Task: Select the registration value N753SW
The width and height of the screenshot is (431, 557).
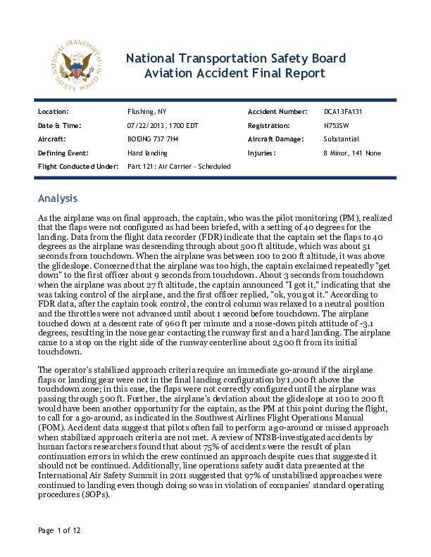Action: point(337,125)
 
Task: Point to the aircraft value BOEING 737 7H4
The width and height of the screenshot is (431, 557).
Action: point(153,139)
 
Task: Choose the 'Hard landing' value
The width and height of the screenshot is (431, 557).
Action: point(146,152)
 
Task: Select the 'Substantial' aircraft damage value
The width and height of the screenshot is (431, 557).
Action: point(341,139)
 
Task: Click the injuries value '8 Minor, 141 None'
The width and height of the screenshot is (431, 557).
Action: point(352,152)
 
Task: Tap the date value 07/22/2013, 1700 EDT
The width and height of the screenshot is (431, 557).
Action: point(162,125)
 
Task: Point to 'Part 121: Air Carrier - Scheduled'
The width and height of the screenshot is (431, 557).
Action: point(179,166)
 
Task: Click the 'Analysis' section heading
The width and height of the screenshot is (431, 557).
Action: point(58,198)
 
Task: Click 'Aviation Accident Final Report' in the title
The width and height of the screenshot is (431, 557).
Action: point(235,73)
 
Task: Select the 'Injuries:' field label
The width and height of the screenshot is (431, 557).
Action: point(261,152)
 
